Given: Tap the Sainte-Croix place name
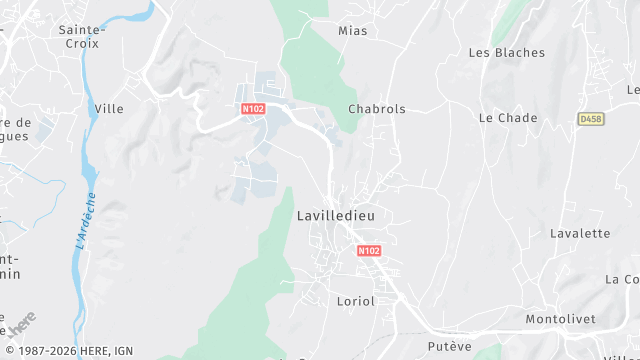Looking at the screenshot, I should pyautogui.click(x=82, y=37).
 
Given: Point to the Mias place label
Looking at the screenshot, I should pyautogui.click(x=352, y=31).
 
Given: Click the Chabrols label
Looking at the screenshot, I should pyautogui.click(x=377, y=109).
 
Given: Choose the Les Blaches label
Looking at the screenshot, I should pyautogui.click(x=507, y=53).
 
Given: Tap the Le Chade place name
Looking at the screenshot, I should pyautogui.click(x=508, y=118).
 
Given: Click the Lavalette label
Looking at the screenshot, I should pyautogui.click(x=580, y=233).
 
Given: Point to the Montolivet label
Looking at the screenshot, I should pyautogui.click(x=560, y=318).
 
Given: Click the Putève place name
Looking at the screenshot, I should pyautogui.click(x=449, y=346).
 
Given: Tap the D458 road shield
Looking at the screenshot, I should pyautogui.click(x=590, y=118).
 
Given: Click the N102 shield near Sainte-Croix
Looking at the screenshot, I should pyautogui.click(x=253, y=108).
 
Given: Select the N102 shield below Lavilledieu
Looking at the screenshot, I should pyautogui.click(x=369, y=251).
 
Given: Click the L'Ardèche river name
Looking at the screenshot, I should pyautogui.click(x=85, y=220).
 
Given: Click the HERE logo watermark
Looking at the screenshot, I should pyautogui.click(x=20, y=323).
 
